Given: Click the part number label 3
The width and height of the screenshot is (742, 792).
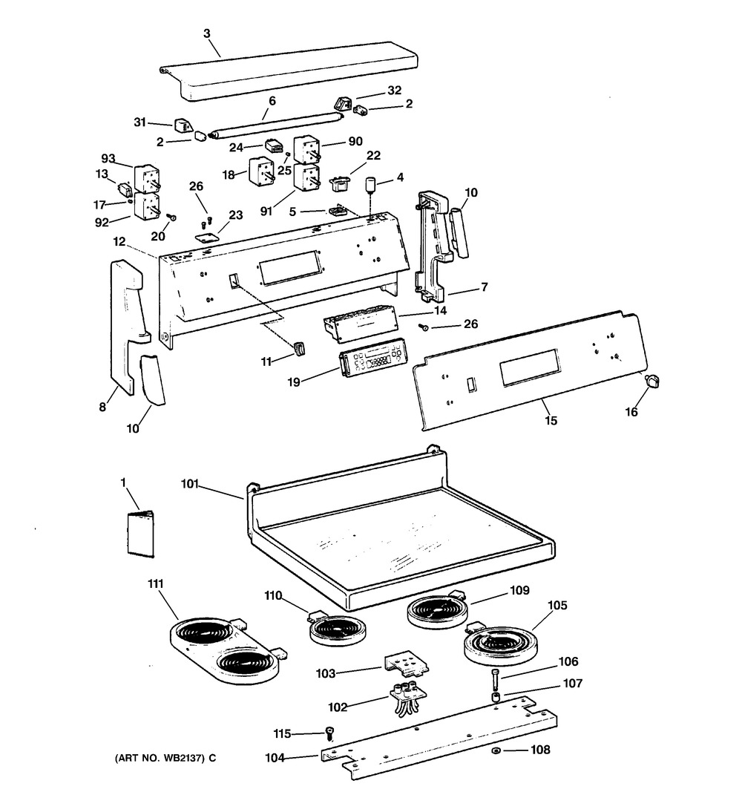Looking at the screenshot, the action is [207, 33].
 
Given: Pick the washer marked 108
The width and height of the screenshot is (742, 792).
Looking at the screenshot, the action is [496, 751].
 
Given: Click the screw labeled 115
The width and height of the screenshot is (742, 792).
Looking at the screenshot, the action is [331, 733].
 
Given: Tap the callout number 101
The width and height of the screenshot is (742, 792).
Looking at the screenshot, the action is [190, 484].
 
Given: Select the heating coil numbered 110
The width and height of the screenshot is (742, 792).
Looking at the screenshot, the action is [337, 628].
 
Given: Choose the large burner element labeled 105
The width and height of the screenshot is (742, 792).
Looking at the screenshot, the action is [499, 644].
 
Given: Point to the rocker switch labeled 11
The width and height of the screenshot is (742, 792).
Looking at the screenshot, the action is [300, 349].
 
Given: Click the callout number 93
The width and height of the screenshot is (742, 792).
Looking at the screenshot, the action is [108, 159].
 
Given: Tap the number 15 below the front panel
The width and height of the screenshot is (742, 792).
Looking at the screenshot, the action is [551, 420].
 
